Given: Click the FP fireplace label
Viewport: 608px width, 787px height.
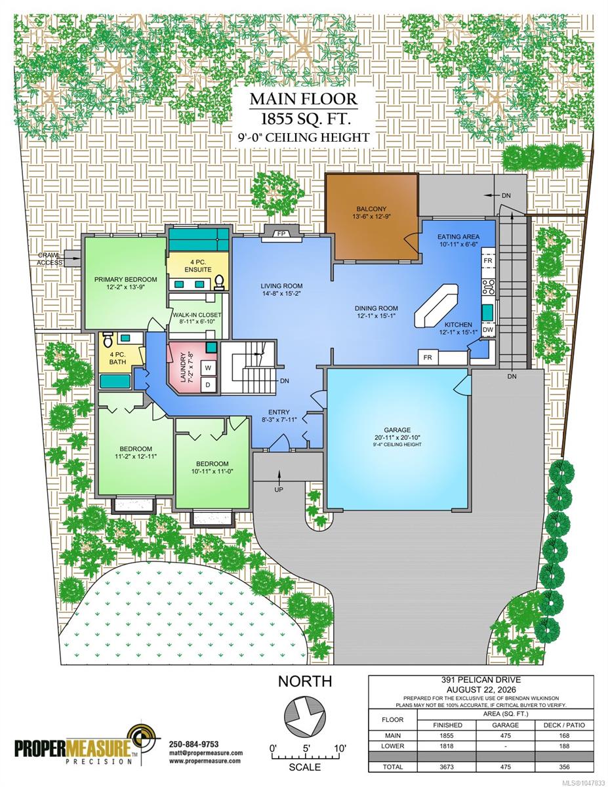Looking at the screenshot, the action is pyautogui.click(x=281, y=233).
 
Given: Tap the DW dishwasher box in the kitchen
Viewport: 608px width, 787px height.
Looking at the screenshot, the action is pyautogui.click(x=488, y=330).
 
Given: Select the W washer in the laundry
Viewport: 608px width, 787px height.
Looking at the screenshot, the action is pyautogui.click(x=208, y=368).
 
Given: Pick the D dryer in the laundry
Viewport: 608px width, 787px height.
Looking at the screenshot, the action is pyautogui.click(x=208, y=385).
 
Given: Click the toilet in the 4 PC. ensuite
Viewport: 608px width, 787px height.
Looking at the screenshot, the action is pyautogui.click(x=218, y=282).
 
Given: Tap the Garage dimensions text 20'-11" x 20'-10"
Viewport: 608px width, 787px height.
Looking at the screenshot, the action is pyautogui.click(x=397, y=437).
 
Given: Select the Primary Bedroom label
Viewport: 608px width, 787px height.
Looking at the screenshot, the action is pyautogui.click(x=125, y=279).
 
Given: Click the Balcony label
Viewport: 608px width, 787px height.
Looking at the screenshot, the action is pyautogui.click(x=371, y=209).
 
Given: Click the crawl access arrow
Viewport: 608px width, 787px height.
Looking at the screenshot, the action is pyautogui.click(x=73, y=258).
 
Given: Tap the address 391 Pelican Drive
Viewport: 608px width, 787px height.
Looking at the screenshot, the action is pyautogui.click(x=481, y=680).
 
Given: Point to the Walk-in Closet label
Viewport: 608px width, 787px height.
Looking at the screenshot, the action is pyautogui.click(x=197, y=315).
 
